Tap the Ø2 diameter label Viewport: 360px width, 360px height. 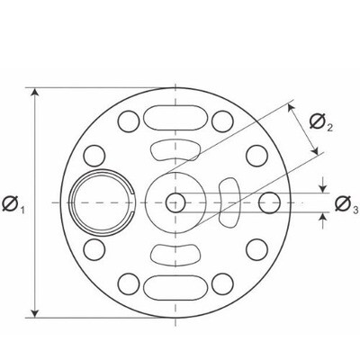pos(321,122)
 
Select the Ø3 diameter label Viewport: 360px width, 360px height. pos(346,205)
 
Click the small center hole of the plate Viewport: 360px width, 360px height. pos(175,202)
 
